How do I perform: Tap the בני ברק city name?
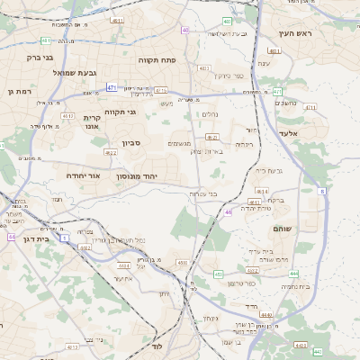(27, 58)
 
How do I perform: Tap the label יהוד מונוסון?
(149, 176)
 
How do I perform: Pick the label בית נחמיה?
(294, 286)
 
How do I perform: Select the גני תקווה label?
(120, 112)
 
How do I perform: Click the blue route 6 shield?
(322, 191)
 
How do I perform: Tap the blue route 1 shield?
(65, 238)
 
